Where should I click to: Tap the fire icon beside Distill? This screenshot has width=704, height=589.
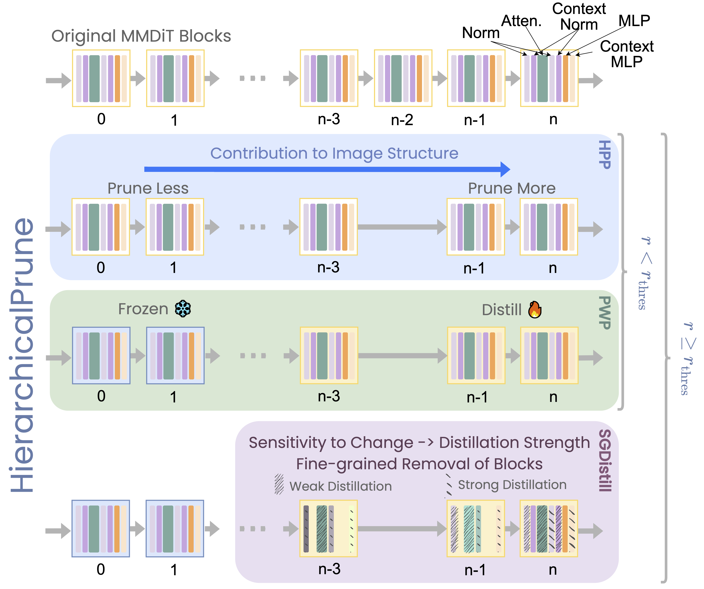(x=535, y=309)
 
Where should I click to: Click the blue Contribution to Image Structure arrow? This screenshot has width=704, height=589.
(x=327, y=169)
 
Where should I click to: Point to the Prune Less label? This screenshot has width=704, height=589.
(x=148, y=188)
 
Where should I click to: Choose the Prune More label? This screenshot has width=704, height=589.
(x=512, y=188)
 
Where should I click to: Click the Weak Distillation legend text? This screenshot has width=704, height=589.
(x=341, y=486)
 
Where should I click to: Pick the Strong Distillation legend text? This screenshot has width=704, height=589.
(x=512, y=485)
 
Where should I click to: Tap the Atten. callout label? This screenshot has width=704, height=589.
(x=521, y=21)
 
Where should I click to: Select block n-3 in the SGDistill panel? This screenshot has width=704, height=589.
(x=329, y=529)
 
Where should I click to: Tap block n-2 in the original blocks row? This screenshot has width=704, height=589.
(x=403, y=78)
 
